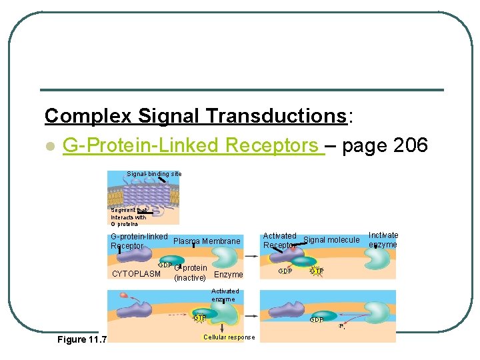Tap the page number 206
tap(406, 145)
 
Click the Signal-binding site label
tap(154, 174)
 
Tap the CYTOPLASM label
tap(137, 274)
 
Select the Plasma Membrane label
tap(207, 241)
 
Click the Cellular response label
tap(229, 337)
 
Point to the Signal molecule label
tap(331, 240)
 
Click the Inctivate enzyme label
tap(383, 240)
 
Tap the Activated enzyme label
tap(225, 295)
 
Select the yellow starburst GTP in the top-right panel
tap(317, 271)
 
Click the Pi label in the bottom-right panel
tap(342, 327)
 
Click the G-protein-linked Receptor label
tap(138, 241)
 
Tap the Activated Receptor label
tap(280, 240)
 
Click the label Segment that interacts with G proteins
tap(128, 217)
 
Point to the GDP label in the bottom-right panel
tap(316, 320)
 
